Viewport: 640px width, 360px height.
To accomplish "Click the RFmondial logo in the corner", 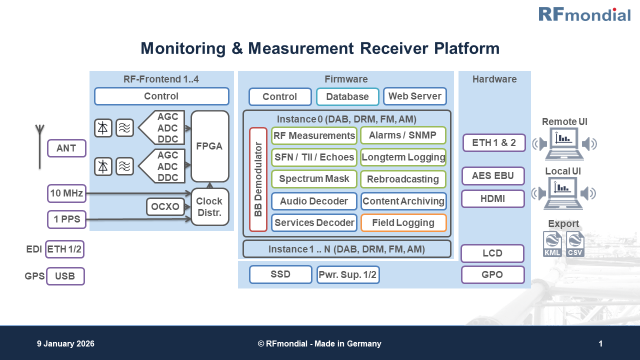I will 584,14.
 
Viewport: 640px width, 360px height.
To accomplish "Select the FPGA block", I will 209,146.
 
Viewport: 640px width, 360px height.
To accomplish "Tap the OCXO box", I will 165,206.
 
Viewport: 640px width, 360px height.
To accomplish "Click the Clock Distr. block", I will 209,207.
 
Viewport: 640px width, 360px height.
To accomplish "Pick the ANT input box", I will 66,148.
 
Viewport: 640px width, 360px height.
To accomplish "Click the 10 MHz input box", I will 66,193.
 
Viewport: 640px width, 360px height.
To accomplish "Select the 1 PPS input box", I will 66,219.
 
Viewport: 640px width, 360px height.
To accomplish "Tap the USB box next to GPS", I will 65,276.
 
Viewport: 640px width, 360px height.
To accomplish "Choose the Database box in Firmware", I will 347,96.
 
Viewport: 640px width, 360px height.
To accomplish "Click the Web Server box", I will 414,96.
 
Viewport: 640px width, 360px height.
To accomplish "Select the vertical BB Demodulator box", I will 258,179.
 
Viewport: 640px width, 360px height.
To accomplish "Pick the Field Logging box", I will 403,223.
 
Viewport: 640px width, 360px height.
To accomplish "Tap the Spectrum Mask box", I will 314,179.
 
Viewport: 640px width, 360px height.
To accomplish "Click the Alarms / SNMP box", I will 402,135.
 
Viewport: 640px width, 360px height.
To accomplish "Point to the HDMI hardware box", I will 492,198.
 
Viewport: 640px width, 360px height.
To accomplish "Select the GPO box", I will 492,274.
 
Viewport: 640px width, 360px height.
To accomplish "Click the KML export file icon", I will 552,244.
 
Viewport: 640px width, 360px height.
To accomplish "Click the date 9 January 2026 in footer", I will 65,343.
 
